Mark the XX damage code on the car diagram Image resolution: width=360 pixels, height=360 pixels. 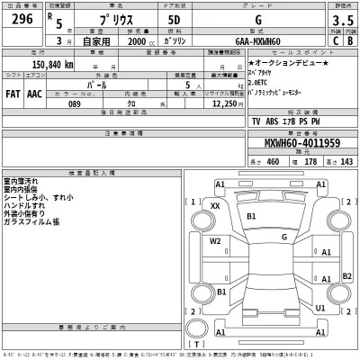pyautogui.click(x=214, y=206)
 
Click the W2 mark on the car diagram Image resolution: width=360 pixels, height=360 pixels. pyautogui.click(x=215, y=241)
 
